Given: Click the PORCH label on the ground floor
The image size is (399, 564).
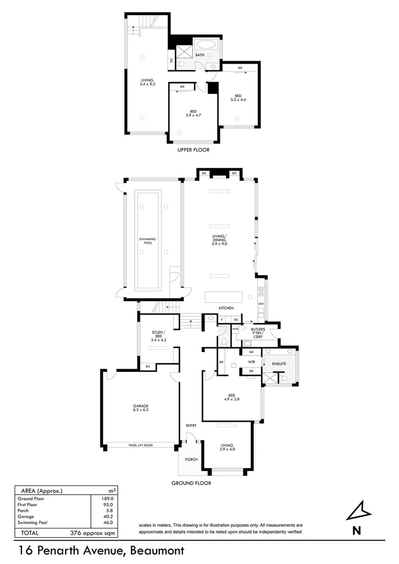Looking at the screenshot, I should point(191,460).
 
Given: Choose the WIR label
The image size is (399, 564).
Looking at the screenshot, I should point(251,362).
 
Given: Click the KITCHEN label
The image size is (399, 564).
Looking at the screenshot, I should point(226,308).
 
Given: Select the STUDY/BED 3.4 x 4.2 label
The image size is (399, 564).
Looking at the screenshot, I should point(158,336).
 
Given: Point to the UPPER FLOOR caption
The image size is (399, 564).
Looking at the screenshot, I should point(193,150).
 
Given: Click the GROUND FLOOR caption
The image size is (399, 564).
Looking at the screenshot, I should point(191,483).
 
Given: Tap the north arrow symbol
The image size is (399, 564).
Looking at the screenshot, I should point(357,512).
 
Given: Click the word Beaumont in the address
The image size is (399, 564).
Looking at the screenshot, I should point(157,550).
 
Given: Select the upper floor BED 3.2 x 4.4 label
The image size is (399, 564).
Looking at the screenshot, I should point(238,98).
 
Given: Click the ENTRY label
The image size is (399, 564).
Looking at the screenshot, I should point(191,426).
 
